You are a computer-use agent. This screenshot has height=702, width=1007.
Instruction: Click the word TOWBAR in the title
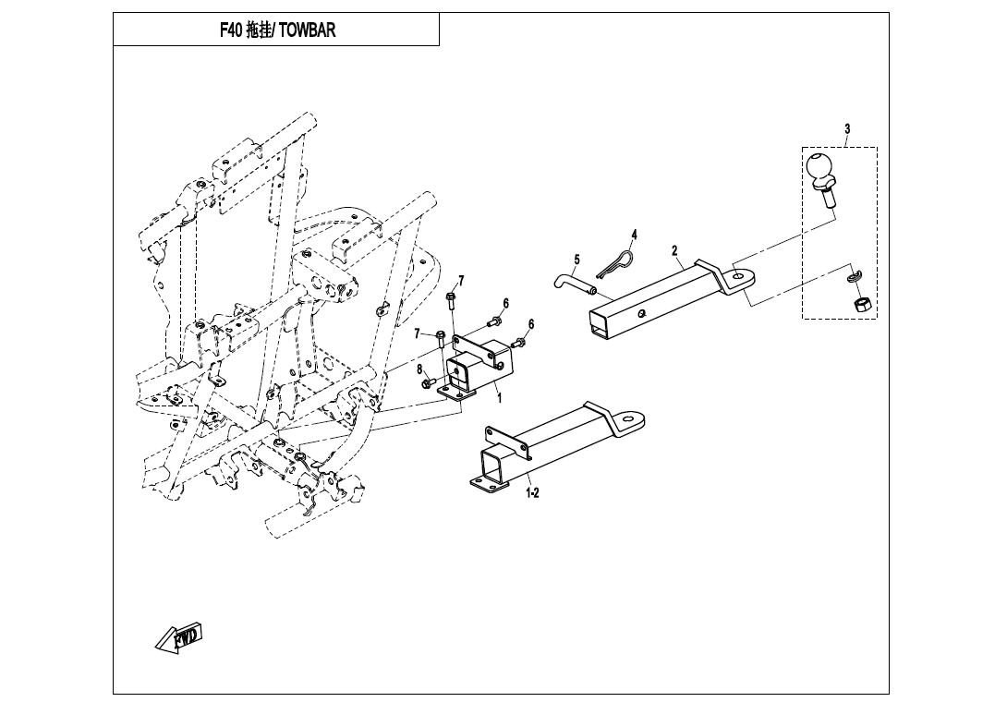pos(308,30)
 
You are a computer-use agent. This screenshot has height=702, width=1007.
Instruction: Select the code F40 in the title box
pos(232,30)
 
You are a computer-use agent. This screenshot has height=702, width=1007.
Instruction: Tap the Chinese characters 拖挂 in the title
pos(259,30)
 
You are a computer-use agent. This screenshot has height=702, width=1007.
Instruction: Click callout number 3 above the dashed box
pos(846,128)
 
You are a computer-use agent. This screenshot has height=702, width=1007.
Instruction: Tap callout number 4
pos(634,234)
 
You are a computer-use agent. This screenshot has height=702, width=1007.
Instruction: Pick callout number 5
pos(576,260)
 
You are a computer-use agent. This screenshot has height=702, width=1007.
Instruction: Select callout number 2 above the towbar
pos(674,250)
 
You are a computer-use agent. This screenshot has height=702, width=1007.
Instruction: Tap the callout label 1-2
pos(532,493)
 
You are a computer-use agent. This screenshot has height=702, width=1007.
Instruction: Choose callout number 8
pos(420,369)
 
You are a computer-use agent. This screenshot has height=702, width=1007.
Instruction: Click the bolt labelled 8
pos(430,382)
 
